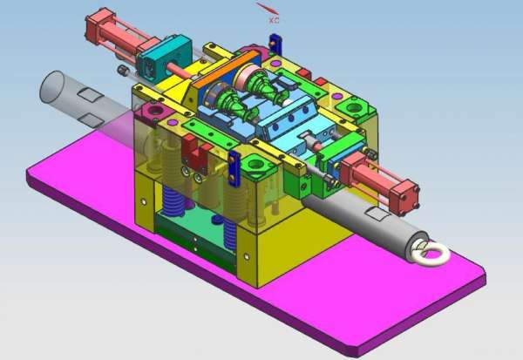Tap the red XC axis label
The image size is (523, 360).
[274, 20]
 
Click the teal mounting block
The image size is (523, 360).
[164, 59]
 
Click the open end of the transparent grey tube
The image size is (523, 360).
[52, 87]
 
